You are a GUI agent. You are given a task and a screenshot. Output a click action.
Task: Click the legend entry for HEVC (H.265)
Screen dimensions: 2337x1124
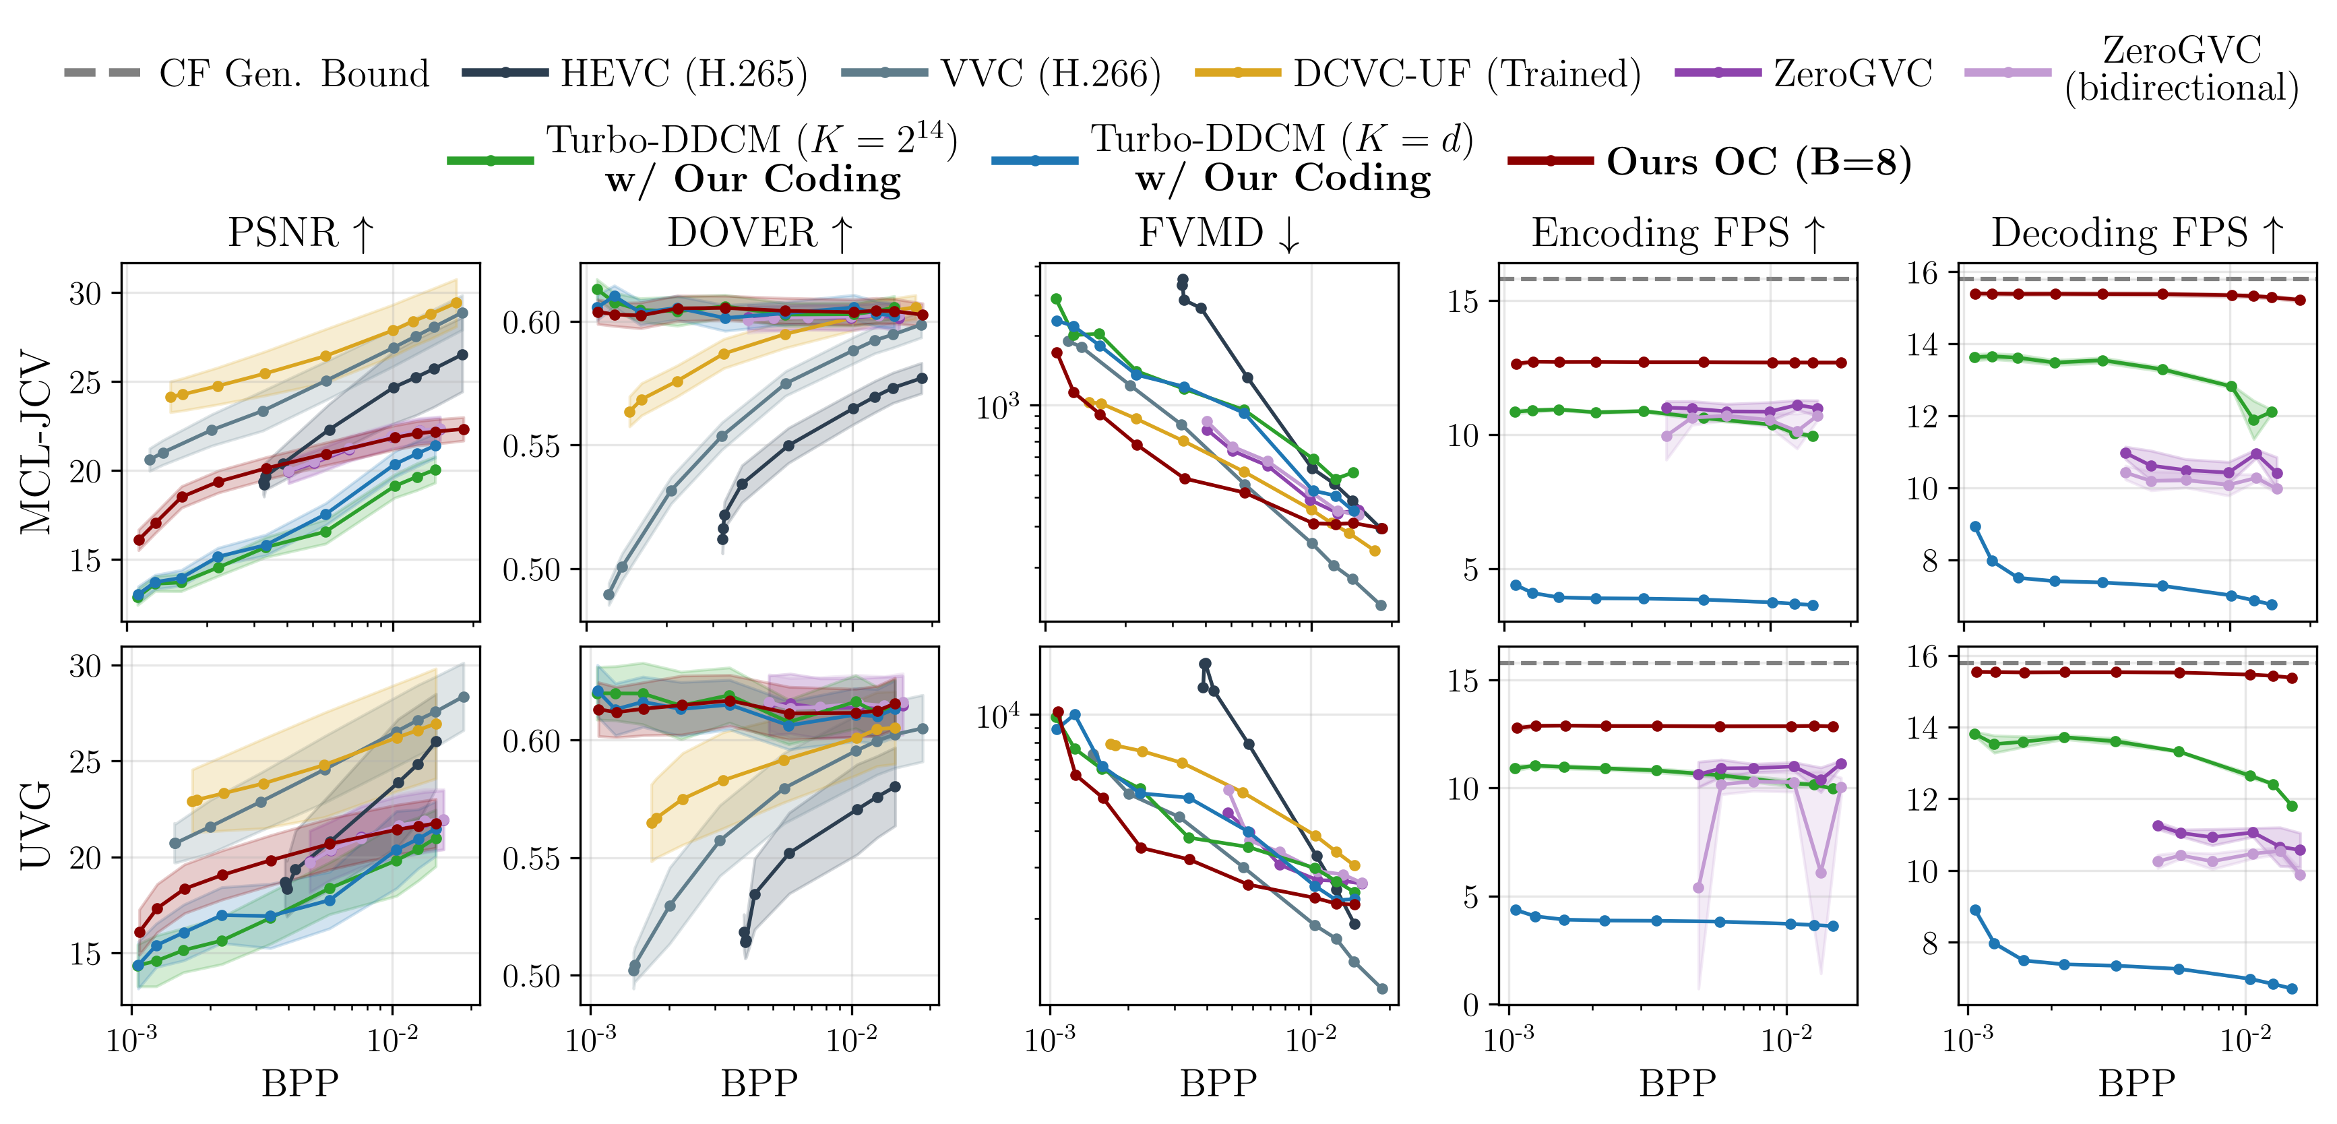coord(634,73)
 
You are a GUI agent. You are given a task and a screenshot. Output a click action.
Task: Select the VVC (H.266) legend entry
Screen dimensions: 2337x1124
coord(1001,73)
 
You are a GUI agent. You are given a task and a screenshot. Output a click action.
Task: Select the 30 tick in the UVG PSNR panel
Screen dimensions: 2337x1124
coord(86,666)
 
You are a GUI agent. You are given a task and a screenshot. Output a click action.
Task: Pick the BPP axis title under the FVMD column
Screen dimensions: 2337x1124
coord(1218,1083)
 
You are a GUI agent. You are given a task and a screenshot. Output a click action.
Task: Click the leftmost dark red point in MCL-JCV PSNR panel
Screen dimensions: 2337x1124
coord(139,540)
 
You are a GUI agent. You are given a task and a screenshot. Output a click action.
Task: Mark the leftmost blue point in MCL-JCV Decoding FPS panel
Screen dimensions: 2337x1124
coord(1975,527)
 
